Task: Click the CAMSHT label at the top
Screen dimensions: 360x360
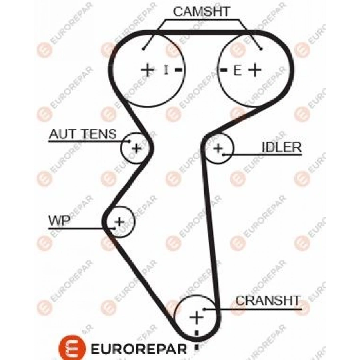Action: pyautogui.click(x=202, y=12)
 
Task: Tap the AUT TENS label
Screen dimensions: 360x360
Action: pyautogui.click(x=82, y=134)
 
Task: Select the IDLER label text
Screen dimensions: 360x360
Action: pyautogui.click(x=281, y=147)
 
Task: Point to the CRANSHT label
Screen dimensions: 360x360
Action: pyautogui.click(x=268, y=300)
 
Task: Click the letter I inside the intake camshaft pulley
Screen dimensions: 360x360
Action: pyautogui.click(x=166, y=70)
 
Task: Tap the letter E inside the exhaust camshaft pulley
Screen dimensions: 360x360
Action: pyautogui.click(x=237, y=71)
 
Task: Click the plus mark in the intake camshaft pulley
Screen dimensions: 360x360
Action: pyautogui.click(x=147, y=70)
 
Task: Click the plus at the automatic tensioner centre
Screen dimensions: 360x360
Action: pyautogui.click(x=136, y=148)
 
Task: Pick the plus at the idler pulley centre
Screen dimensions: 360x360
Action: pyautogui.click(x=218, y=148)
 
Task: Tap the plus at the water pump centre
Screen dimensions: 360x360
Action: pyautogui.click(x=120, y=221)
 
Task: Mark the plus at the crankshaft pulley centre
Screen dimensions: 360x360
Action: pyautogui.click(x=196, y=318)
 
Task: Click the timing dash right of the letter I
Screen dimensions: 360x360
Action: pyautogui.click(x=178, y=70)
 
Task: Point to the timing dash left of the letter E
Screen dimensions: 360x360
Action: pyautogui.click(x=224, y=70)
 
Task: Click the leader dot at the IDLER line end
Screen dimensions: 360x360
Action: pyautogui.click(x=225, y=154)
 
